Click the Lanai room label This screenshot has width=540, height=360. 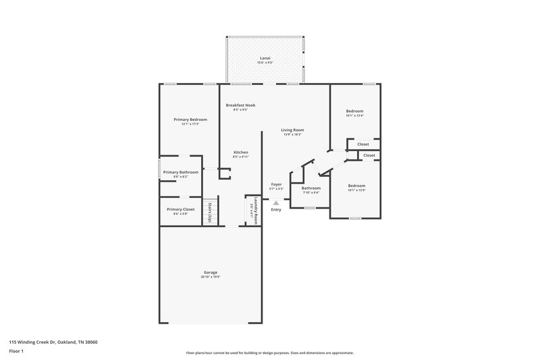(x=265, y=59)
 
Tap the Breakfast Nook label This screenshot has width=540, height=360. (x=240, y=105)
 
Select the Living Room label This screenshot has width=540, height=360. (x=293, y=130)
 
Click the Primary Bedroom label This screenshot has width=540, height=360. (x=189, y=120)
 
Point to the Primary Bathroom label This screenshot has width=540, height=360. (x=180, y=172)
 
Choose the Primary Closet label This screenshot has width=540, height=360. (x=180, y=209)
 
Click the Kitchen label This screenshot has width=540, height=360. (x=241, y=153)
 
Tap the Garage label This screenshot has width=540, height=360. (x=210, y=272)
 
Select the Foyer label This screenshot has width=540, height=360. (x=276, y=184)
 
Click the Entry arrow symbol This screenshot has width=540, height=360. (x=275, y=202)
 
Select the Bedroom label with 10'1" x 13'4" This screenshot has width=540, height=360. (x=354, y=111)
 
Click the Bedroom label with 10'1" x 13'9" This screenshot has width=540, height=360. (x=356, y=186)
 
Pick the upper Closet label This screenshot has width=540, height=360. (x=363, y=144)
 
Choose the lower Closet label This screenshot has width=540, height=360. (x=369, y=155)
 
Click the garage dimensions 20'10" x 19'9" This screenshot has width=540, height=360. (x=210, y=277)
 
